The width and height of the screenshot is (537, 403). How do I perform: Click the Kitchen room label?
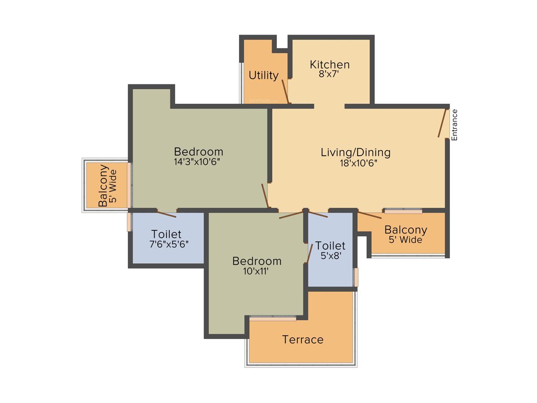pyautogui.click(x=329, y=65)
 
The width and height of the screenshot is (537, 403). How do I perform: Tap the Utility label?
pyautogui.click(x=263, y=75)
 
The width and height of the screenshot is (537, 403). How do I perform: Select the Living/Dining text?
pyautogui.click(x=356, y=153)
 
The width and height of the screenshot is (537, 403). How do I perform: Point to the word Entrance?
pyautogui.click(x=455, y=124)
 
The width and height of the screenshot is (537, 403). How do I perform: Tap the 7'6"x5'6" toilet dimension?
pyautogui.click(x=169, y=243)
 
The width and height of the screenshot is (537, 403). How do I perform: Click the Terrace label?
pyautogui.click(x=303, y=340)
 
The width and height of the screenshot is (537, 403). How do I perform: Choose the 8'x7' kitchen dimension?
pyautogui.click(x=329, y=74)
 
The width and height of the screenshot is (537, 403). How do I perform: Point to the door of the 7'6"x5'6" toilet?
pyautogui.click(x=167, y=213)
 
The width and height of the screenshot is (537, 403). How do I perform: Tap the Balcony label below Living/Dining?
pyautogui.click(x=405, y=230)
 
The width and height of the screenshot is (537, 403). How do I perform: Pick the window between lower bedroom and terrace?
pyautogui.click(x=273, y=317)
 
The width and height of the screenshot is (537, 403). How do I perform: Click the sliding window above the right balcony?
pyautogui.click(x=403, y=211)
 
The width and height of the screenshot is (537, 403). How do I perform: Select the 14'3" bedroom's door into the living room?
pyautogui.click(x=265, y=196)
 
